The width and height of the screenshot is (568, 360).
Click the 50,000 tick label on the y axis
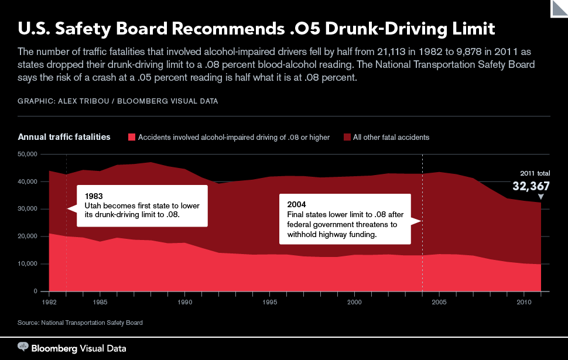pos(28,155)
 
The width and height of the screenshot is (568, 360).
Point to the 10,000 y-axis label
pos(28,263)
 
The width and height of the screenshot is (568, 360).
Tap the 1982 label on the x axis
pos(49,302)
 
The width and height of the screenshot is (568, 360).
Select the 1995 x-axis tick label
pos(269,302)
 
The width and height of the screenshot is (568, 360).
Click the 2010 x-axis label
pos(524,302)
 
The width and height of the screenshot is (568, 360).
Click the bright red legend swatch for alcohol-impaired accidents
pos(132,137)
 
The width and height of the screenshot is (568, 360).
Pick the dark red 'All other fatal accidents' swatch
pos(347,137)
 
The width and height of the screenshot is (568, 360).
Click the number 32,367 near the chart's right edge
pos(531,186)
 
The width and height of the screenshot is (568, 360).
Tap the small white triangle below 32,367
pos(541,197)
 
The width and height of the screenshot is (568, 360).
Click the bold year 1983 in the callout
pos(94,196)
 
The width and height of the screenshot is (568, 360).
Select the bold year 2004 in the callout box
pos(296,205)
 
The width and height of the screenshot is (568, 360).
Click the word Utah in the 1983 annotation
pos(93,205)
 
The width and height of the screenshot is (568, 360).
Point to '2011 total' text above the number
pos(535,173)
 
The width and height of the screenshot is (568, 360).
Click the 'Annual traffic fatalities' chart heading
pos(64,137)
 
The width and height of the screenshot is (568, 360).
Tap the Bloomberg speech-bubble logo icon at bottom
pos(23,347)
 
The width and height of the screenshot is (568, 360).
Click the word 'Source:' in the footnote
pos(28,323)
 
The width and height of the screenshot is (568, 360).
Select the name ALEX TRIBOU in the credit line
pos(83,101)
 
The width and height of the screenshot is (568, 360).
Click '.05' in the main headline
pos(305,29)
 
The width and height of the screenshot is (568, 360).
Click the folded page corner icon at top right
pos(559,8)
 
